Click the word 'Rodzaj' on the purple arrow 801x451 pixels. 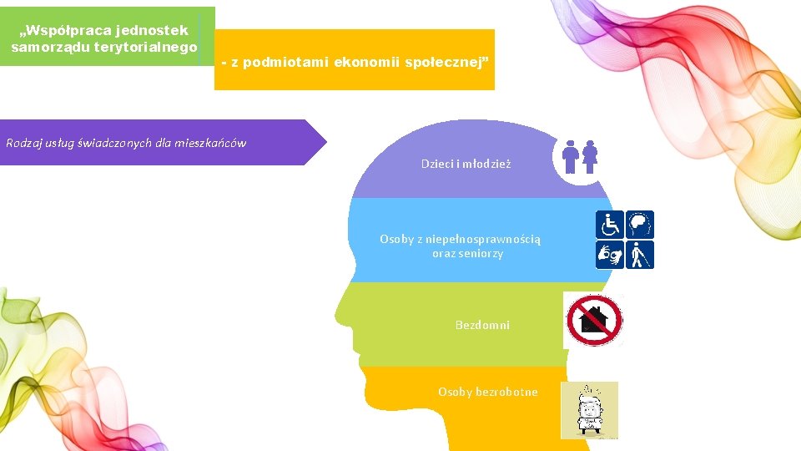pyautogui.click(x=24, y=143)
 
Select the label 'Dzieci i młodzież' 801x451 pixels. pyautogui.click(x=466, y=164)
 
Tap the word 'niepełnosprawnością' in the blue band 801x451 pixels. pyautogui.click(x=486, y=239)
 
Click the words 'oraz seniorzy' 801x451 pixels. pyautogui.click(x=467, y=253)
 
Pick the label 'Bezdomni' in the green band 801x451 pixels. pyautogui.click(x=482, y=324)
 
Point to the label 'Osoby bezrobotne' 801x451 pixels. pyautogui.click(x=488, y=392)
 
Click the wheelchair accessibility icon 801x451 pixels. pyautogui.click(x=609, y=225)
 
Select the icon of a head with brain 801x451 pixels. pyautogui.click(x=640, y=225)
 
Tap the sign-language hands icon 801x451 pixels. pyautogui.click(x=609, y=255)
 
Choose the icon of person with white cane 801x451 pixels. pyautogui.click(x=640, y=255)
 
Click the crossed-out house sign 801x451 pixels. pyautogui.click(x=593, y=320)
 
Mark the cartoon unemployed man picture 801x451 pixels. pyautogui.click(x=589, y=410)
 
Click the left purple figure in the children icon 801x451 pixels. pyautogui.click(x=572, y=156)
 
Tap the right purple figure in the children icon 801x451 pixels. pyautogui.click(x=591, y=156)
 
